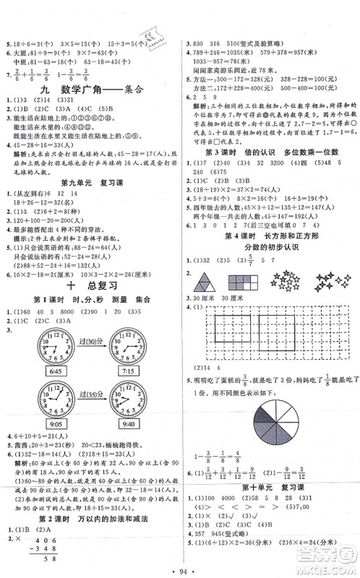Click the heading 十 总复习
[x=89, y=285]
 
